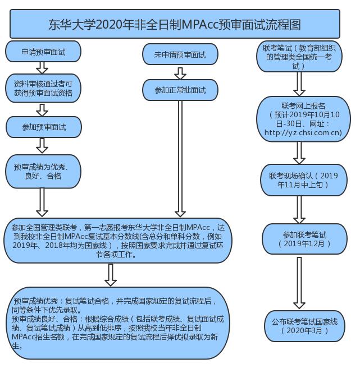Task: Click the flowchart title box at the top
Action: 175,24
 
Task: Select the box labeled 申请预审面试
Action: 43,52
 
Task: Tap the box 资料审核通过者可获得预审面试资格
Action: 43,88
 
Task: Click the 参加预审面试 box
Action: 43,127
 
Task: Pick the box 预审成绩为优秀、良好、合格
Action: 43,171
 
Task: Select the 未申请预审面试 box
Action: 180,55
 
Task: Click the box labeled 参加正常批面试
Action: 180,90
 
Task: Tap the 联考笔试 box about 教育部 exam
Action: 299,57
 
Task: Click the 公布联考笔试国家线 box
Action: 304,326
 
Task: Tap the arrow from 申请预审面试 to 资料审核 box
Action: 42,68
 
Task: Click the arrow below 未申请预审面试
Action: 180,72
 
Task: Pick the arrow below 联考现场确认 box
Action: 299,209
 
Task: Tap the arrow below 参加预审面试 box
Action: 42,146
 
